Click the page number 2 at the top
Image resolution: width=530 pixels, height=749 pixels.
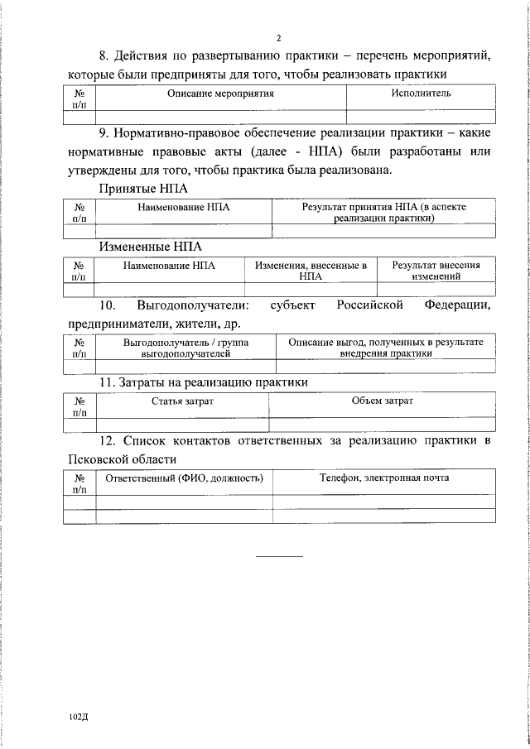(279, 38)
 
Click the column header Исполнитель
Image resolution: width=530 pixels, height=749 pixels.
(421, 94)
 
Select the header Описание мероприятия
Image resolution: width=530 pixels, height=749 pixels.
(220, 94)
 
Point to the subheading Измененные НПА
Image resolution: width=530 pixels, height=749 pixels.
(150, 247)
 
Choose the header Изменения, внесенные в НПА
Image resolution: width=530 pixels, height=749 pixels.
(311, 271)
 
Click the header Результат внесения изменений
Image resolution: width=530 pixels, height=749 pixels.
(436, 271)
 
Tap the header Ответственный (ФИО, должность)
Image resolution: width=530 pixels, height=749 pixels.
(185, 478)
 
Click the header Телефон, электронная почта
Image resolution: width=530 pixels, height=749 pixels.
(384, 478)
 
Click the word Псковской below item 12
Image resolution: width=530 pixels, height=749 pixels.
(97, 459)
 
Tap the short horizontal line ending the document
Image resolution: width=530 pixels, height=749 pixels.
(279, 555)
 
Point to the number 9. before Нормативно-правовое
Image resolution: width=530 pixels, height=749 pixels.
(104, 132)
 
